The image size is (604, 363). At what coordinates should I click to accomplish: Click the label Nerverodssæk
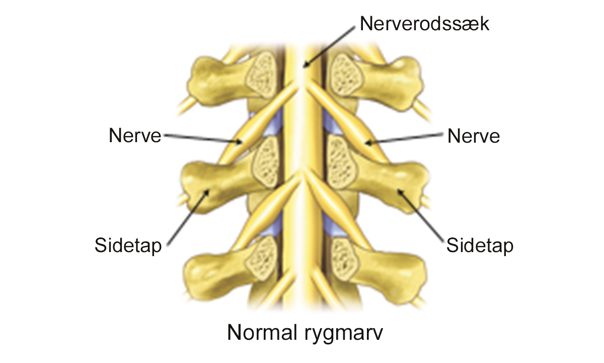point(424,24)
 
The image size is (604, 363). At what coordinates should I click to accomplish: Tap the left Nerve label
point(135,136)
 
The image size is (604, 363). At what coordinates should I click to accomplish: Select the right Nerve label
point(474,136)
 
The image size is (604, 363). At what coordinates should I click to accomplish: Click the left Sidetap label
point(128,246)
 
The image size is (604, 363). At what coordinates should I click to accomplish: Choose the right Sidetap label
point(480,246)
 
